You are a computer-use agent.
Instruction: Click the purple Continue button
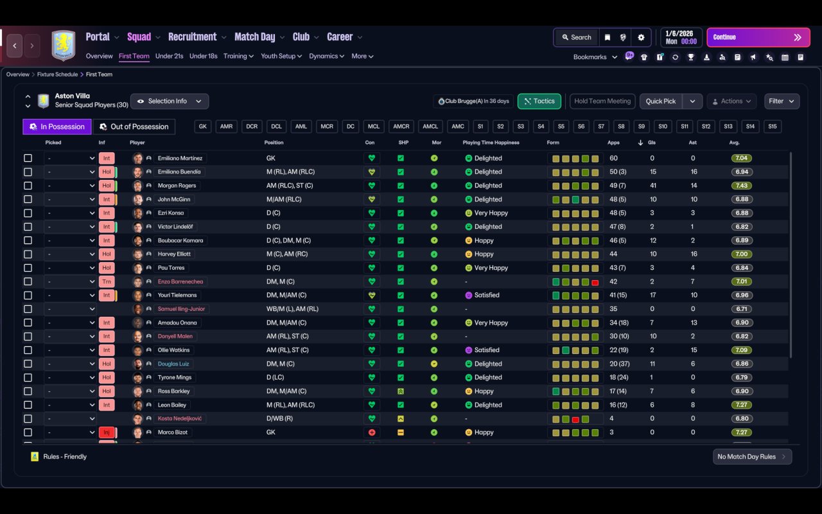click(x=758, y=37)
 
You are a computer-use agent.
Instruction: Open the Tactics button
click(x=539, y=101)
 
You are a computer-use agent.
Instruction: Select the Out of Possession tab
click(x=134, y=127)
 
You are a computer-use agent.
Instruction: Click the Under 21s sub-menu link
click(x=169, y=56)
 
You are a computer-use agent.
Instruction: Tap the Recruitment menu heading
click(x=193, y=37)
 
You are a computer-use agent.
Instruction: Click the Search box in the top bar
click(x=577, y=37)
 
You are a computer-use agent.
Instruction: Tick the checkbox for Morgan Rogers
click(x=28, y=186)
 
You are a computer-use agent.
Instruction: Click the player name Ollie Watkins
click(x=173, y=350)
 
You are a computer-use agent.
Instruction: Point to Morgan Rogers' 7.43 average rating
click(x=741, y=186)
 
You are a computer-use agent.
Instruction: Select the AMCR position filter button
click(x=401, y=127)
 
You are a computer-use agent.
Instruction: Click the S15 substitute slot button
click(x=772, y=127)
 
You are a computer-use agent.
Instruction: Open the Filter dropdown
click(x=782, y=101)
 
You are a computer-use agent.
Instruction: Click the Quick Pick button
click(x=661, y=101)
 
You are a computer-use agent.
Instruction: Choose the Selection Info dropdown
click(x=170, y=101)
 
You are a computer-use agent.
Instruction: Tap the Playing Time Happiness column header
click(x=491, y=143)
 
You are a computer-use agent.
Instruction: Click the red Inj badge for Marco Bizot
click(x=107, y=432)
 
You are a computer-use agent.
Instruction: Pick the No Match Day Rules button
click(x=752, y=457)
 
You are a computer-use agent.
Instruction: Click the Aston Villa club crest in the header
click(x=64, y=45)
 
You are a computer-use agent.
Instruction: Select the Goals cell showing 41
click(x=653, y=186)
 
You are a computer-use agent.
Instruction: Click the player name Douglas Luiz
click(x=173, y=364)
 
